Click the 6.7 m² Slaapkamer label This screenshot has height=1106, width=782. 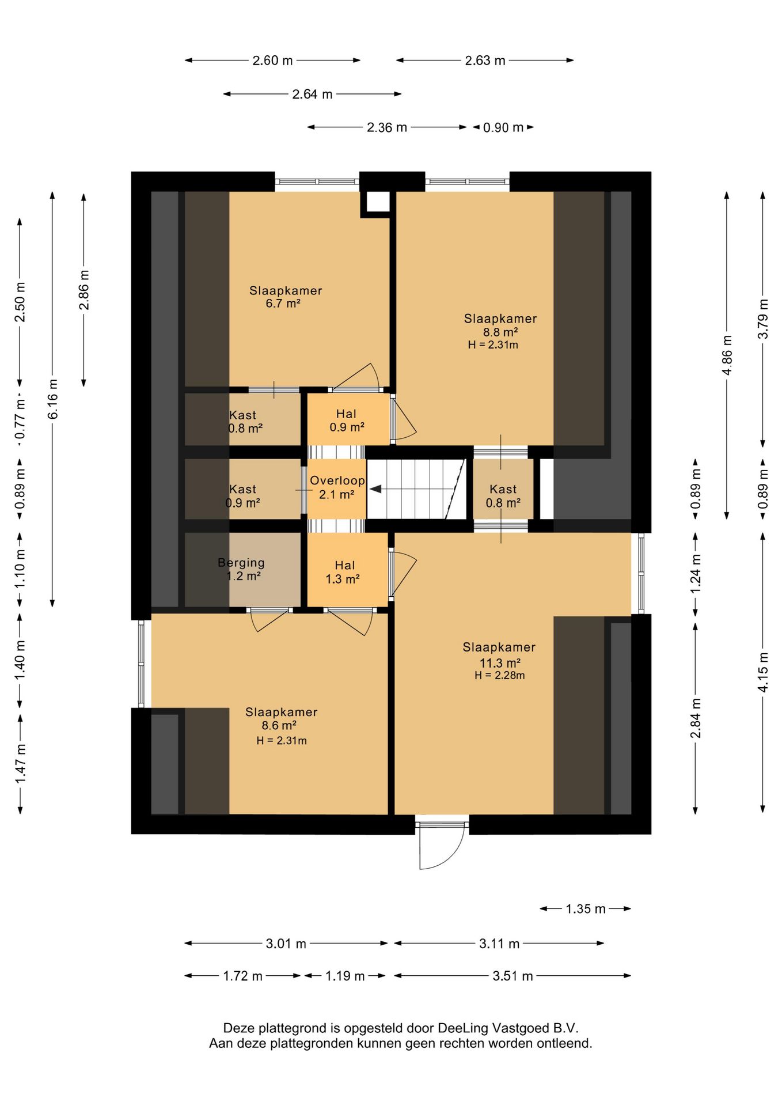coord(285,297)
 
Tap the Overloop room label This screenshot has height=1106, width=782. coord(337,480)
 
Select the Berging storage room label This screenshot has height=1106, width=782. coord(241,563)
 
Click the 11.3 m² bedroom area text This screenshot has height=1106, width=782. coord(500,663)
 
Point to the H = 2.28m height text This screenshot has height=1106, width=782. coord(500,676)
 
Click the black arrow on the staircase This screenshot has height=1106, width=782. coord(375,489)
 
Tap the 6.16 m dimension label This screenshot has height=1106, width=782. coord(53,399)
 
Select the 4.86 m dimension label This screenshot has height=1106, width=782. coord(727,355)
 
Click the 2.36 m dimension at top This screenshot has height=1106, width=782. coord(387,127)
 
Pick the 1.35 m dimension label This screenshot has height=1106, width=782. coord(586,909)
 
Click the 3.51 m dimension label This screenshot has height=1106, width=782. coord(513,976)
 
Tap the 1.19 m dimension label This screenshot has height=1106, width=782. coord(345,976)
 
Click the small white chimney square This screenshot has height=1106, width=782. coord(378,202)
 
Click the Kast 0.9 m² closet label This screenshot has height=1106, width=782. coord(242,496)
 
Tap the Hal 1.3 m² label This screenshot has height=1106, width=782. coord(344,573)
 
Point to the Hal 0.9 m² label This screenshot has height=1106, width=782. coord(347,421)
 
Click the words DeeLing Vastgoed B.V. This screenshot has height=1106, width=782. coord(508,1028)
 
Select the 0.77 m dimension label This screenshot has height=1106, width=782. coord(20,418)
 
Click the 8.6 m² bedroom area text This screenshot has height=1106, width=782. coord(279,726)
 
